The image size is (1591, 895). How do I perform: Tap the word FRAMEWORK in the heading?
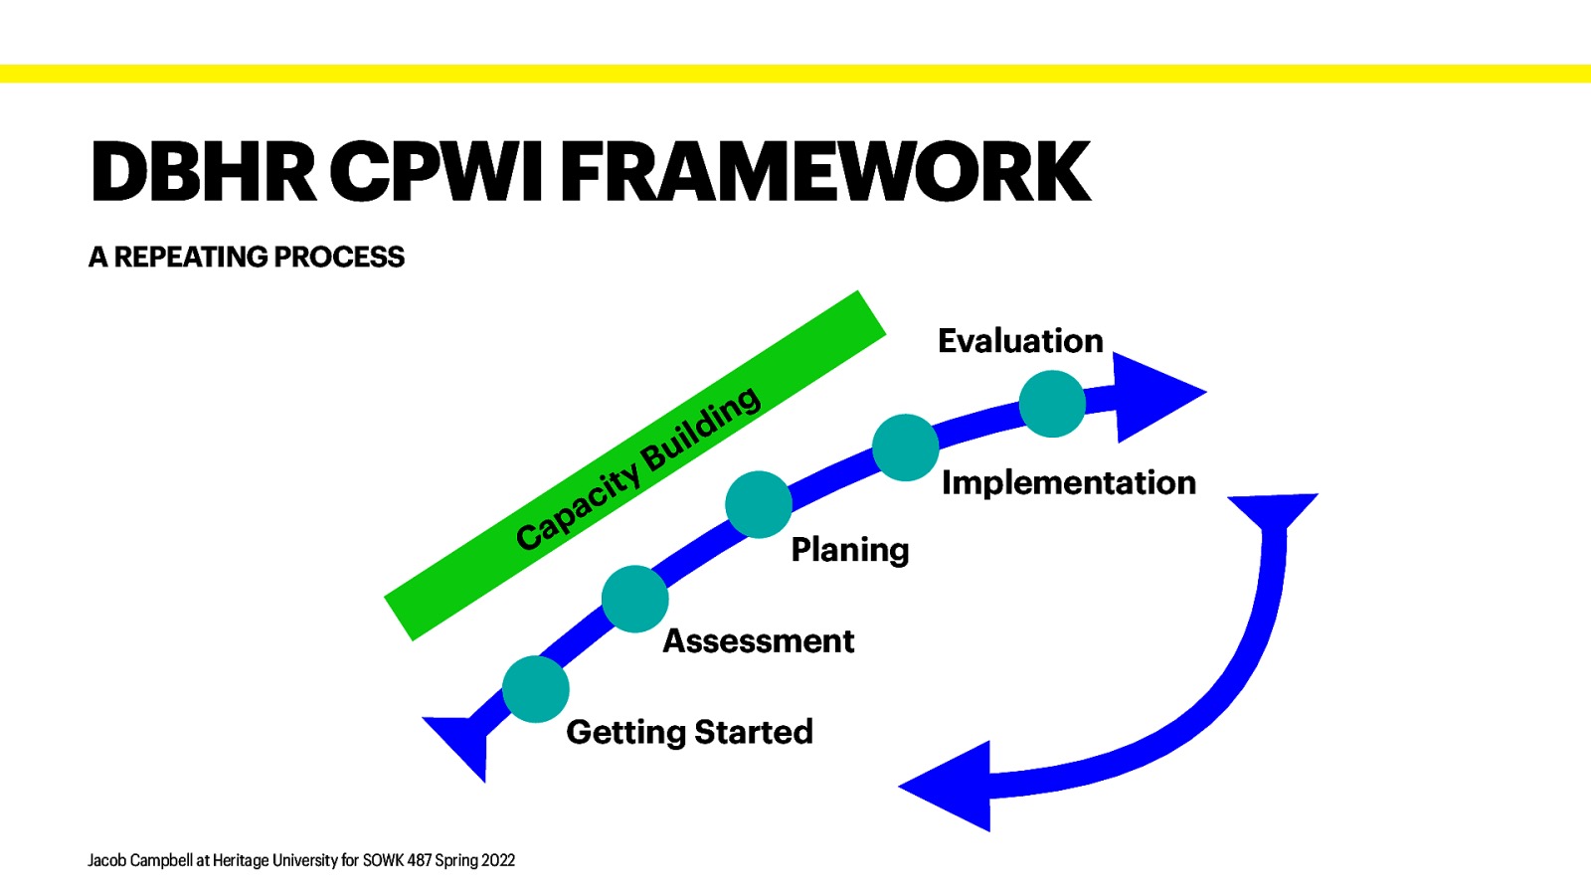point(826,172)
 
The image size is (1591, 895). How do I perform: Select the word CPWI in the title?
point(437,172)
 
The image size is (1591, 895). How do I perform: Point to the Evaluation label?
point(1020,341)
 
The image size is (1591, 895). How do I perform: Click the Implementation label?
point(1068,482)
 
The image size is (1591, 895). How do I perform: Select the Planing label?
point(849,549)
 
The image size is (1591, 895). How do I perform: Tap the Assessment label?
point(758,641)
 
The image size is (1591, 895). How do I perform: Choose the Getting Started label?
point(689,732)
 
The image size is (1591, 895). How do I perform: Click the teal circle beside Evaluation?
point(1052,404)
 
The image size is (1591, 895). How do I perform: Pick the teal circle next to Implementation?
point(905,447)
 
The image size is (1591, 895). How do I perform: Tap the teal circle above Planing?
point(759,504)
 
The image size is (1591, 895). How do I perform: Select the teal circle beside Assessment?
point(634,599)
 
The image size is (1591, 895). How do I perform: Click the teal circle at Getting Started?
point(535,689)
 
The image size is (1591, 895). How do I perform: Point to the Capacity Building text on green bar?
point(637,467)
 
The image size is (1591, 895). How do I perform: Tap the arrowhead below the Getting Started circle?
point(462,742)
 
